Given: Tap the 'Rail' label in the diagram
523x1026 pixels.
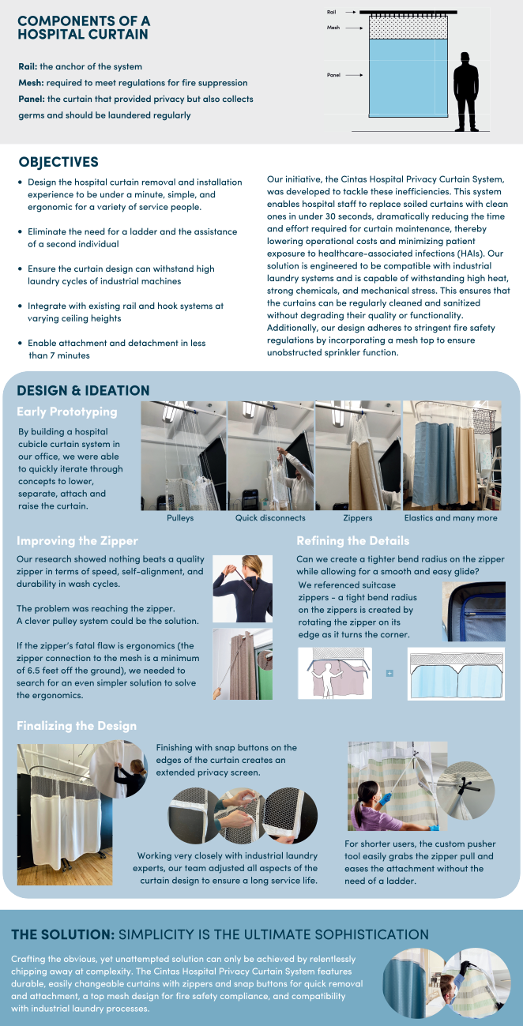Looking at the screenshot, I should pyautogui.click(x=332, y=13).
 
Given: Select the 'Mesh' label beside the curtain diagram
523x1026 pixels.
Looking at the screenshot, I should pyautogui.click(x=333, y=28).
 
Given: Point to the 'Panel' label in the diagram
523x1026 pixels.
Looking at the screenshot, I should pyautogui.click(x=333, y=75).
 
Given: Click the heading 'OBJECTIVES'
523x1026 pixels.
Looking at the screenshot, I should pyautogui.click(x=58, y=162).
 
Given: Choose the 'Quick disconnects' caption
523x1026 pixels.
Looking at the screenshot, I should pyautogui.click(x=270, y=518).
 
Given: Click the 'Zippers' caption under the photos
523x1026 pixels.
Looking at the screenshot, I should pyautogui.click(x=357, y=518).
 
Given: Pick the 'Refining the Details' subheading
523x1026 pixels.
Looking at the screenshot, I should pyautogui.click(x=352, y=541).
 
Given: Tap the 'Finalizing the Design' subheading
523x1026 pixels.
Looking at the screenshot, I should pyautogui.click(x=77, y=726).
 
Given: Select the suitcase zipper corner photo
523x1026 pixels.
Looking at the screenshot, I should pyautogui.click(x=473, y=611).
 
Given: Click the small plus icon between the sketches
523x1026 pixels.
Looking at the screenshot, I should pyautogui.click(x=389, y=674).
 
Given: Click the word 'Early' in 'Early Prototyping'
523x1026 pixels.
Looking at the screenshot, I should pyautogui.click(x=32, y=412).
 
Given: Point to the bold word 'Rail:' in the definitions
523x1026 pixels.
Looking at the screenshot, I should pyautogui.click(x=29, y=66).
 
